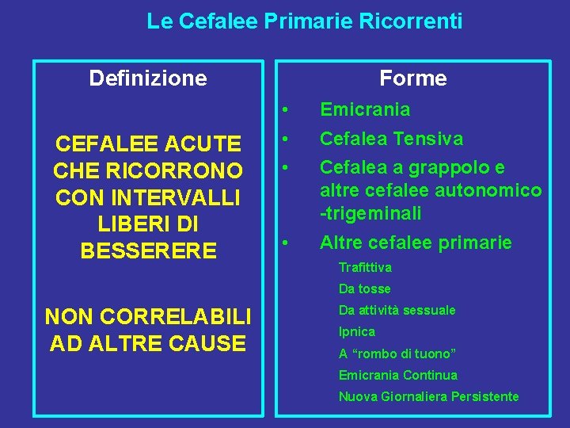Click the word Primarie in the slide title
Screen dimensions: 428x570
(x=297, y=21)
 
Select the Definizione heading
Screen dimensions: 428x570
(x=148, y=78)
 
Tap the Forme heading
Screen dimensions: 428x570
(x=412, y=78)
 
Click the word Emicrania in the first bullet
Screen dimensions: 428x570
(x=365, y=109)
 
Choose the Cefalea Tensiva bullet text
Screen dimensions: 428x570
(x=391, y=139)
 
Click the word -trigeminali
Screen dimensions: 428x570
(x=370, y=213)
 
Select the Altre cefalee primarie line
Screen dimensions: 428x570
(x=416, y=243)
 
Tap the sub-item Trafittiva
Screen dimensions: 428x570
(x=365, y=268)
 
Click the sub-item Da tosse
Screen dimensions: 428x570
(x=365, y=289)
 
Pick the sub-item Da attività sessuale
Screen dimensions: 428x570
(x=397, y=311)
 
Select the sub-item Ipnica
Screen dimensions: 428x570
(x=357, y=332)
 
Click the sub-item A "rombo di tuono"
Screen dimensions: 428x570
(x=397, y=353)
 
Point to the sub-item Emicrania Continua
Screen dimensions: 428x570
(x=398, y=375)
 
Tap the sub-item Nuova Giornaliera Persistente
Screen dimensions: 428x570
(x=429, y=396)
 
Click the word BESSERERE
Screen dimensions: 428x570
(x=148, y=251)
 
